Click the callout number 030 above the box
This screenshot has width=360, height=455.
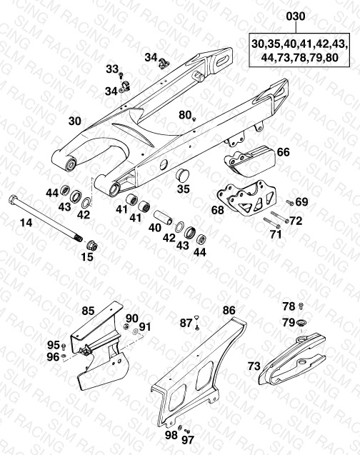coord(296,16)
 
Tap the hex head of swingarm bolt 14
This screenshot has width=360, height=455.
coord(12,199)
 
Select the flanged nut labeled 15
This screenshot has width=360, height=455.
coord(93,245)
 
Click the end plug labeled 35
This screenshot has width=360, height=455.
coord(182,175)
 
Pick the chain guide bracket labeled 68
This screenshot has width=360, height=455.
coord(247,199)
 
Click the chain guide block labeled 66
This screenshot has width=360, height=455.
coord(249,161)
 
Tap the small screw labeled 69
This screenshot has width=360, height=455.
coord(290,202)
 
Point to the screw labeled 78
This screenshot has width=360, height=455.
coord(301,306)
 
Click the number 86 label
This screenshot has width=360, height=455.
coord(229,311)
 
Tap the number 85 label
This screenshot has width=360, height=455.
coord(88,311)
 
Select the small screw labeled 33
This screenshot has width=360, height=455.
coord(121,76)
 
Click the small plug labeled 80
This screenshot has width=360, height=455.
coord(194,119)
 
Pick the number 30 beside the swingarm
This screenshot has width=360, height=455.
coord(75,121)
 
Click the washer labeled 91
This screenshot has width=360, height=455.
coord(136,331)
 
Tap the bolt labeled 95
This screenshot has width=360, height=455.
coord(64,346)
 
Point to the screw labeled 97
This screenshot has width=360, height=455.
coord(187,431)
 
